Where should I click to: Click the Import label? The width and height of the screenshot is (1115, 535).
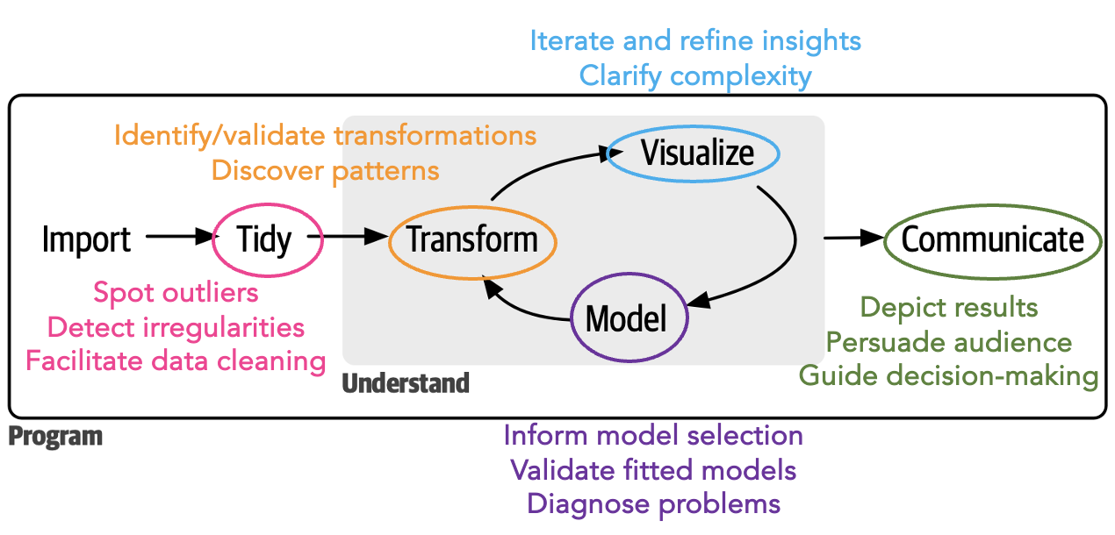tap(86, 239)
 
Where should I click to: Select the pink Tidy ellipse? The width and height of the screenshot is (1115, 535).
tap(264, 239)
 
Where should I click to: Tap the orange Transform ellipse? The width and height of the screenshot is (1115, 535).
tap(472, 239)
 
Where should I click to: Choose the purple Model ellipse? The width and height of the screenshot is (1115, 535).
tap(627, 318)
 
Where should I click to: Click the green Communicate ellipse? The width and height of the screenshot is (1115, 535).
tap(992, 239)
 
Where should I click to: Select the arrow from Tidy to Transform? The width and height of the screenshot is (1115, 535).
tap(355, 236)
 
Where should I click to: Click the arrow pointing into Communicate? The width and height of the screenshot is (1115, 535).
tap(852, 237)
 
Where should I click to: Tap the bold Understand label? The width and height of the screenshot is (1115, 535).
tap(406, 383)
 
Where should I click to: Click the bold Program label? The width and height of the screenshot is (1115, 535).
tap(55, 436)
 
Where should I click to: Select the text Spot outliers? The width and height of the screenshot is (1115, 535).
tap(176, 293)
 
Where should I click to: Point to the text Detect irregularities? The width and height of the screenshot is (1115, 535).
tap(176, 327)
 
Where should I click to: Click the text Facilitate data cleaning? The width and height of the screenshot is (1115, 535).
tap(176, 360)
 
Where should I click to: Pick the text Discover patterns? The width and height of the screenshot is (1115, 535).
tap(325, 169)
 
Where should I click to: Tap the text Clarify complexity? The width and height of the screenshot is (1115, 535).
tap(695, 75)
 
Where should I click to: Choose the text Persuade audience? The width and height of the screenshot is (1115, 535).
tap(949, 341)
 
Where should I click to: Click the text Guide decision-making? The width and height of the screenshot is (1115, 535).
tap(948, 375)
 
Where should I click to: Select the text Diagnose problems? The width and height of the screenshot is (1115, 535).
tap(653, 503)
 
